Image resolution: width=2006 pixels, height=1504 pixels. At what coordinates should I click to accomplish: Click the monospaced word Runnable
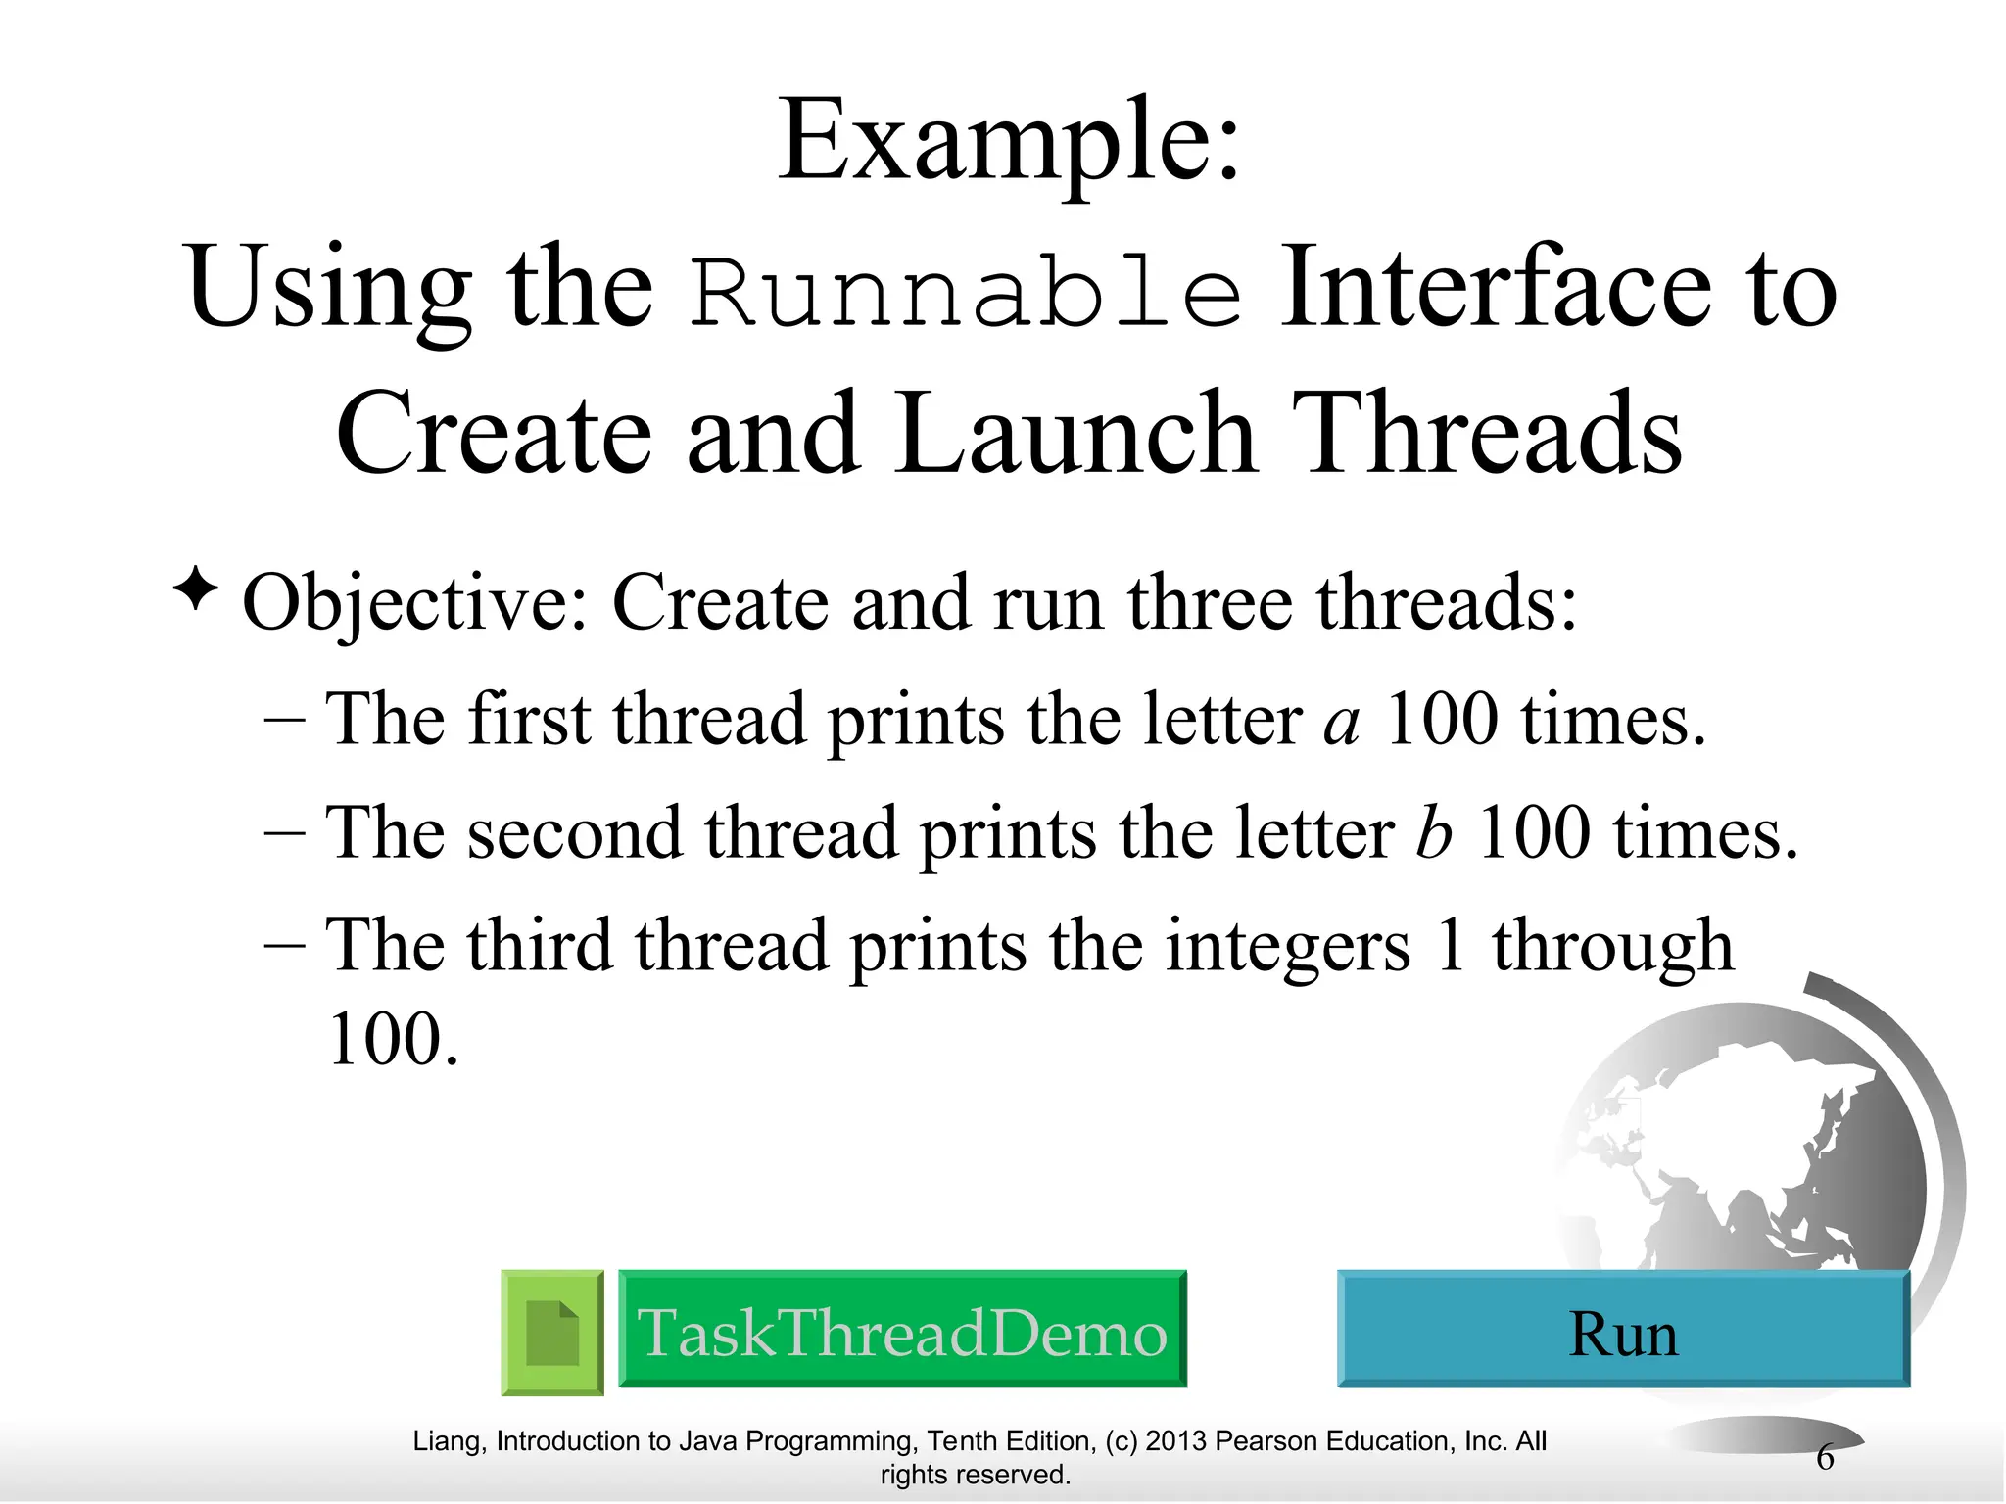(966, 293)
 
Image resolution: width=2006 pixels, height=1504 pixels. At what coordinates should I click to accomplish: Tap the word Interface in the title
(1495, 287)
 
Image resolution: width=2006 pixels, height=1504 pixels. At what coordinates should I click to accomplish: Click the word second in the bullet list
(572, 834)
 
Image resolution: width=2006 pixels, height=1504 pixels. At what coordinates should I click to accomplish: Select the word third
(539, 946)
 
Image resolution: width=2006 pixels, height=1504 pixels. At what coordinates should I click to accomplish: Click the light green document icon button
(552, 1333)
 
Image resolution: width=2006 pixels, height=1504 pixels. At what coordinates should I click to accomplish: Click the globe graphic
(1753, 1146)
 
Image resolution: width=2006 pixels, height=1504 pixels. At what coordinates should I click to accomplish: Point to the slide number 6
(1825, 1458)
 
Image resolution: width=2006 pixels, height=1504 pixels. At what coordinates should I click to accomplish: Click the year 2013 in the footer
(1176, 1442)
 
